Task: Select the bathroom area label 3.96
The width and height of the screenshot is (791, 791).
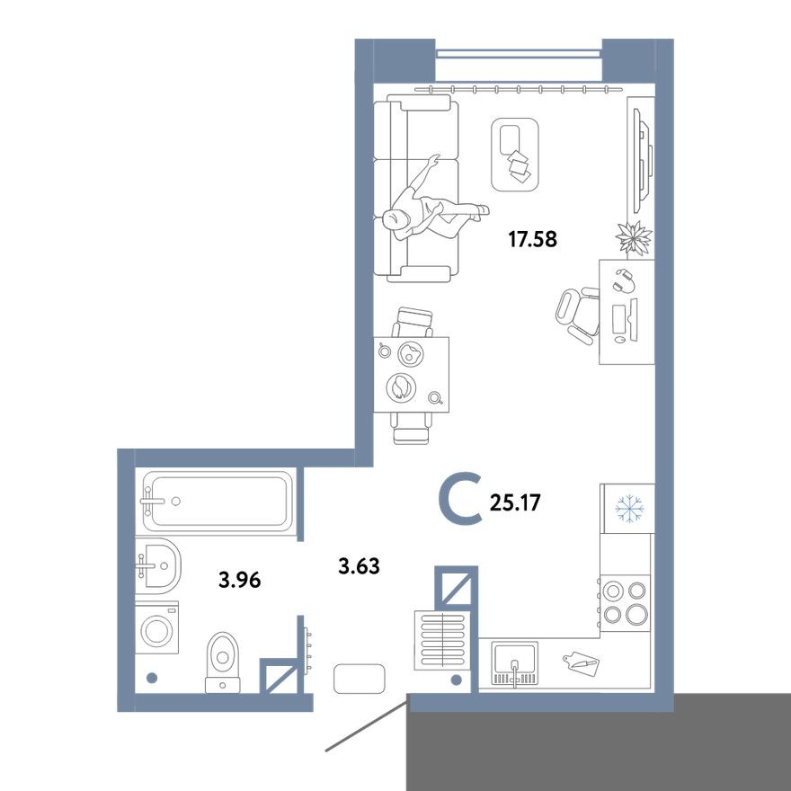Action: pos(239,580)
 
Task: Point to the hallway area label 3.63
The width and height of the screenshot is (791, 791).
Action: pos(359,566)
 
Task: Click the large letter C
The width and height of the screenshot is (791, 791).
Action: pos(461,501)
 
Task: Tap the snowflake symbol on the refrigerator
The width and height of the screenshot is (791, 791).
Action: pos(629,509)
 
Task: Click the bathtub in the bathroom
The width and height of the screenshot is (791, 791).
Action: pos(218,502)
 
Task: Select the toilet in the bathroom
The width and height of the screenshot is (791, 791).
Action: pos(223,659)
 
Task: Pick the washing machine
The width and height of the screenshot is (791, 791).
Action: pos(157,627)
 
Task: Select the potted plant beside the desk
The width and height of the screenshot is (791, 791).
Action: pos(634,237)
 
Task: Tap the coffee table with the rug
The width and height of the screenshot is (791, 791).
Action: pos(515,154)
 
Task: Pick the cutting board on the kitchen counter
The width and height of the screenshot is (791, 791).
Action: pos(579,663)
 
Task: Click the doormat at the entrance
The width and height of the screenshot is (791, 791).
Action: pos(360,678)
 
